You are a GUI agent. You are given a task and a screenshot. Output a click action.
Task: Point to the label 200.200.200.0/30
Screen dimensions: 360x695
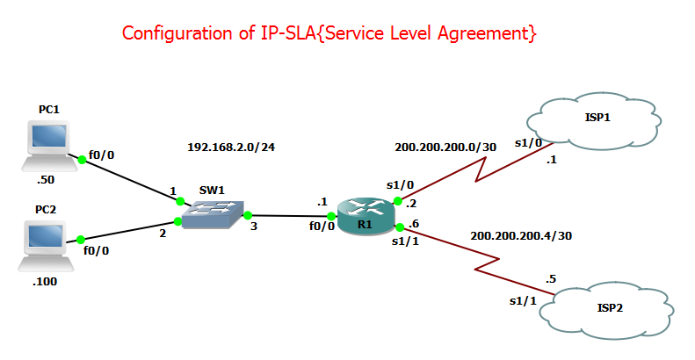tap(445, 147)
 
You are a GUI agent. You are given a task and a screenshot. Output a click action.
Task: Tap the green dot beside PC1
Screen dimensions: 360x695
tap(83, 159)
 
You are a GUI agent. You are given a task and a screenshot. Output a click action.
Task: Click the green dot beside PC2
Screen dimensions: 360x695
tap(80, 239)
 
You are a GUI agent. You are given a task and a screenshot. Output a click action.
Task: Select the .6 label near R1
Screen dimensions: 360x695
tap(413, 224)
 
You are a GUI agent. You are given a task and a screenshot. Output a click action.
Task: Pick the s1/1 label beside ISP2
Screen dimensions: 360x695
tap(523, 301)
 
